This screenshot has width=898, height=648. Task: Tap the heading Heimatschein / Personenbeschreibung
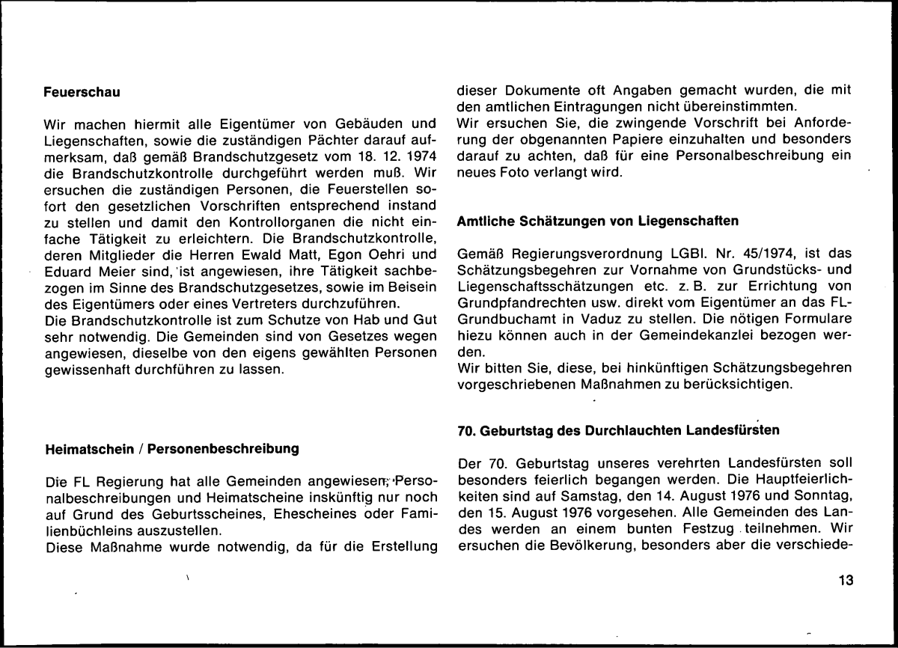172,449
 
